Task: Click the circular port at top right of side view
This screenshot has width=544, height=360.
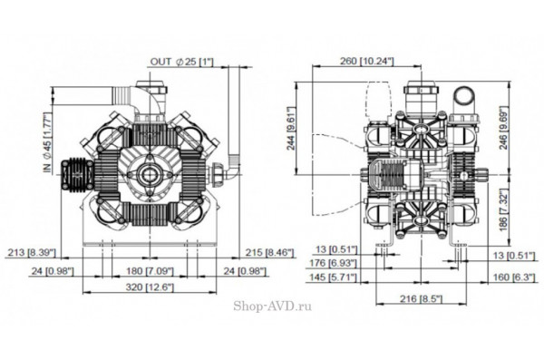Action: point(465,95)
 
